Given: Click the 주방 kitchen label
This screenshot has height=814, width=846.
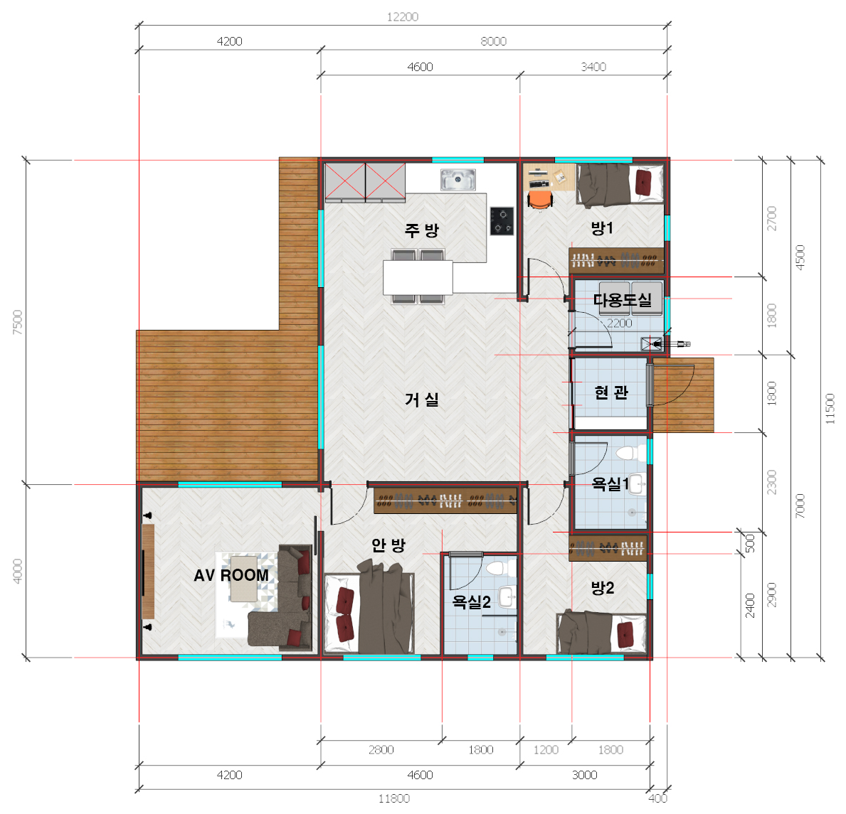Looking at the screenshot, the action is pyautogui.click(x=422, y=230).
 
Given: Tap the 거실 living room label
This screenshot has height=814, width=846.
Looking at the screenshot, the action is pyautogui.click(x=422, y=400).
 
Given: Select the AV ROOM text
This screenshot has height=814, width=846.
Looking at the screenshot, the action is pyautogui.click(x=231, y=575).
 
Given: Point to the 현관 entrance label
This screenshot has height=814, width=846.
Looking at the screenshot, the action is pyautogui.click(x=611, y=392).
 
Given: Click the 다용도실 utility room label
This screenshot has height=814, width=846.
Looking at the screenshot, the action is pyautogui.click(x=623, y=300).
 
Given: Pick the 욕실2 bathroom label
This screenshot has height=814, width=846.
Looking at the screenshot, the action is pyautogui.click(x=472, y=601).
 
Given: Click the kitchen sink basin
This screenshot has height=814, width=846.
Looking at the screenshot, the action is pyautogui.click(x=458, y=180).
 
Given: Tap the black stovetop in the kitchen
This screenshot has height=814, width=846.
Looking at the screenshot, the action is pyautogui.click(x=502, y=221).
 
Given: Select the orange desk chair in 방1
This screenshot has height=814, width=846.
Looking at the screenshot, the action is pyautogui.click(x=539, y=200).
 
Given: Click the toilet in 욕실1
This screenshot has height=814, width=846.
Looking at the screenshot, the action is pyautogui.click(x=628, y=453).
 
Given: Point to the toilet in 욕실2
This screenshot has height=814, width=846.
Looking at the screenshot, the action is pyautogui.click(x=496, y=567).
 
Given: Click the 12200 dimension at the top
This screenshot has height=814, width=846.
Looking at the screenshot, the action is pyautogui.click(x=403, y=17).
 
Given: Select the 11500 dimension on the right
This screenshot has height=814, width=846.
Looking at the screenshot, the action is pyautogui.click(x=830, y=409).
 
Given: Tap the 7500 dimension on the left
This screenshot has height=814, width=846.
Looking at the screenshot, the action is pyautogui.click(x=18, y=322).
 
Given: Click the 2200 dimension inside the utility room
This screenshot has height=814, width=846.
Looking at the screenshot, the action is pyautogui.click(x=620, y=323).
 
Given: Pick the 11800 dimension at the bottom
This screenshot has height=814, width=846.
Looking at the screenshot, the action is pyautogui.click(x=394, y=798).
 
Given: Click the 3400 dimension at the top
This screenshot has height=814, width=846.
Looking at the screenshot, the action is pyautogui.click(x=593, y=67).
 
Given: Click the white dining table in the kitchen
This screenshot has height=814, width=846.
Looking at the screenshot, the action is pyautogui.click(x=418, y=277).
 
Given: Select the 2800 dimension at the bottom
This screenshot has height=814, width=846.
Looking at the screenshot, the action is pyautogui.click(x=381, y=750).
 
